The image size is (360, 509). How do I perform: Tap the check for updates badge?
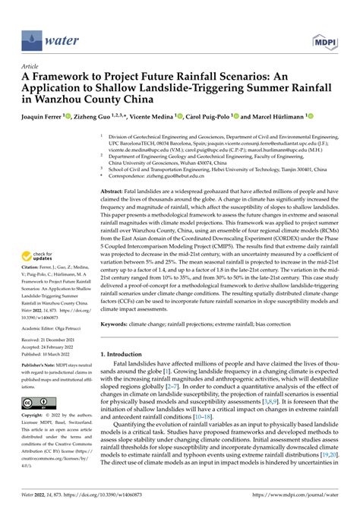pos(38,236)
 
